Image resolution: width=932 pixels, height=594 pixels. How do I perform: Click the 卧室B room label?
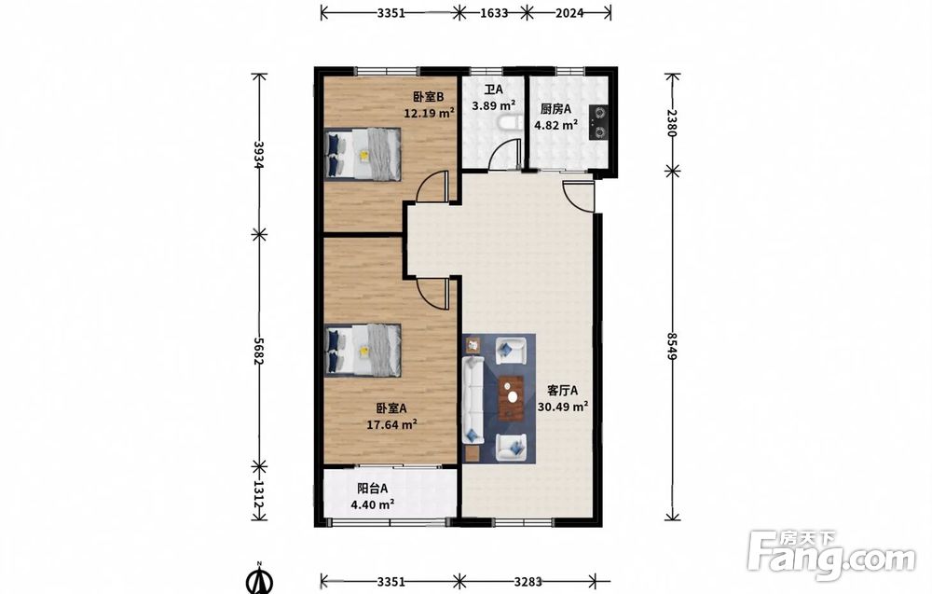click(429, 97)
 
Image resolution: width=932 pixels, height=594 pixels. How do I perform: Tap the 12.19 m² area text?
click(429, 113)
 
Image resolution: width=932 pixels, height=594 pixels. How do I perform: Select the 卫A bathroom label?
click(493, 90)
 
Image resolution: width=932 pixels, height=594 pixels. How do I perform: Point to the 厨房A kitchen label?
click(555, 109)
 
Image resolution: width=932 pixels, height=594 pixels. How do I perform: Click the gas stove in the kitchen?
click(598, 122)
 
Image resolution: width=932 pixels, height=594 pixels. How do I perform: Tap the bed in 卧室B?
click(363, 154)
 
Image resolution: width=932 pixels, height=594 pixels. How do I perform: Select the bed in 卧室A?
click(363, 351)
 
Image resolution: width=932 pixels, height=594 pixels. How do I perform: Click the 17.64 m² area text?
click(391, 424)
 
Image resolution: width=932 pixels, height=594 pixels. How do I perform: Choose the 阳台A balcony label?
click(372, 489)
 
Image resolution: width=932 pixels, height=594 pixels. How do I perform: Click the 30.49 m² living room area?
click(563, 407)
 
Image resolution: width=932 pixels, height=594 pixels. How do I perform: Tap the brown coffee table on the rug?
click(511, 397)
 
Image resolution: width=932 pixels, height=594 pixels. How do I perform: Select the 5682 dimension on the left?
click(258, 352)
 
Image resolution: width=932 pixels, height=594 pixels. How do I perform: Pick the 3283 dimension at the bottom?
click(528, 581)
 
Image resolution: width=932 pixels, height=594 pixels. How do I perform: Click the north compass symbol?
click(258, 579)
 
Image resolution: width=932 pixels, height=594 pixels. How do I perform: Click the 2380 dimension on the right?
click(672, 123)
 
